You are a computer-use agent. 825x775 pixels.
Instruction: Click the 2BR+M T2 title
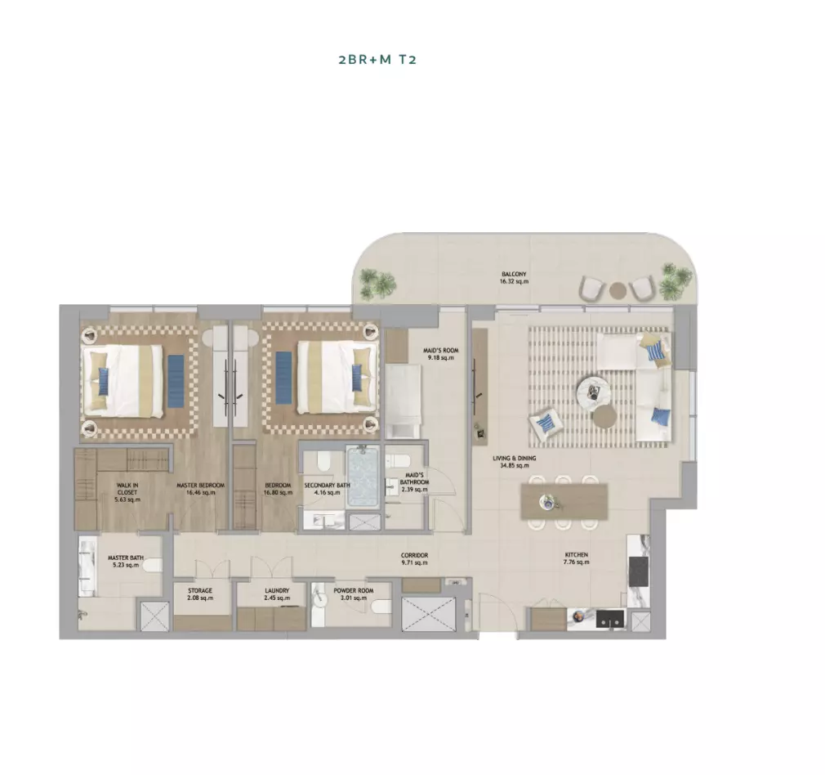click(x=377, y=59)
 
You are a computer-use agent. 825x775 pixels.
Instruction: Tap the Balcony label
click(x=514, y=278)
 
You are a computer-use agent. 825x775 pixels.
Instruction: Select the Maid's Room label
click(x=441, y=354)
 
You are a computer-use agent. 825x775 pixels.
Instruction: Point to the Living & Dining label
click(x=515, y=462)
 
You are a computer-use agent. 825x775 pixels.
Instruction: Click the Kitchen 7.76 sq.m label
click(x=576, y=558)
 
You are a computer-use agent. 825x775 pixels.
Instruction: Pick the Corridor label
click(x=414, y=558)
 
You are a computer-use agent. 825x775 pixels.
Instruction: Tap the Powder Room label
click(x=354, y=594)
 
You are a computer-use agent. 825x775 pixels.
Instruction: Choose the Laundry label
click(x=277, y=594)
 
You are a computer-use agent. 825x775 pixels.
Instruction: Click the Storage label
click(x=200, y=594)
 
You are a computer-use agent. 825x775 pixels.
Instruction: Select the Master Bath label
click(x=126, y=562)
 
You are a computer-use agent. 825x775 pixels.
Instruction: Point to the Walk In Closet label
click(x=127, y=492)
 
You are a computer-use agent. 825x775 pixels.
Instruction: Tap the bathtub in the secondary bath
click(x=363, y=477)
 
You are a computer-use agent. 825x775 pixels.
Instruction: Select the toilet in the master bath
click(x=152, y=566)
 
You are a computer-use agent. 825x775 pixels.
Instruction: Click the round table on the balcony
click(x=618, y=290)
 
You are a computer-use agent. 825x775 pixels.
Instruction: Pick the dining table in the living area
click(x=564, y=502)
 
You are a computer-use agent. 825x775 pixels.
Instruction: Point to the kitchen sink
click(x=610, y=619)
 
